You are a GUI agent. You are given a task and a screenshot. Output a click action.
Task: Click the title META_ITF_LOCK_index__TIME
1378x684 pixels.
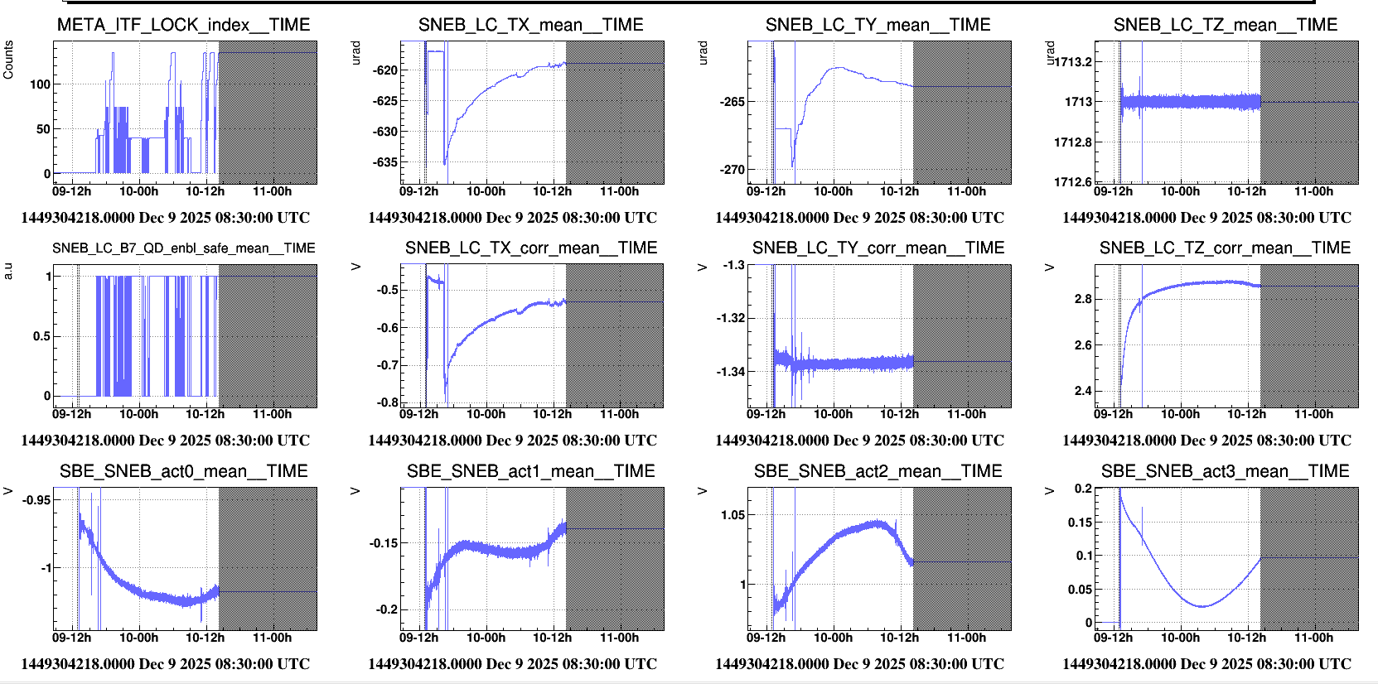point(183,25)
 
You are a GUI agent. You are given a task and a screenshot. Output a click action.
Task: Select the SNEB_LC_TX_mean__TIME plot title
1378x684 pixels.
point(530,25)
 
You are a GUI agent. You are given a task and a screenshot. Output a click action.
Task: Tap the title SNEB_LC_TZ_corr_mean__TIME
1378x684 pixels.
point(1225,248)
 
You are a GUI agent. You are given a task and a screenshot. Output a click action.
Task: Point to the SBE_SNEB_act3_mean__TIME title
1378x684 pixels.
point(1225,471)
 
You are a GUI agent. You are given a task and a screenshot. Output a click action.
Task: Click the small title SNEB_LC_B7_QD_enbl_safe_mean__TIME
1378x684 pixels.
point(183,248)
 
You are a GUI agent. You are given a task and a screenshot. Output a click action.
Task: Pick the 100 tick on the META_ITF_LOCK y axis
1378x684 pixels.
point(40,84)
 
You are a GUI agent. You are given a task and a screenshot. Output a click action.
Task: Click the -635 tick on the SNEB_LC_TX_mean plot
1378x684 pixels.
point(384,162)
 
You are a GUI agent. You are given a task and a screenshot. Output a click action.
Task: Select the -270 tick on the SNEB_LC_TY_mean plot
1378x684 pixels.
point(732,170)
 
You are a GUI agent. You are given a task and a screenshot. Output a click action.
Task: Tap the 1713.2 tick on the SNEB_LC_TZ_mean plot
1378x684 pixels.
point(1073,61)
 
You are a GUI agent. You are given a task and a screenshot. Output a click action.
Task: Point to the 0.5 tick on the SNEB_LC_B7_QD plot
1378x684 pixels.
point(41,336)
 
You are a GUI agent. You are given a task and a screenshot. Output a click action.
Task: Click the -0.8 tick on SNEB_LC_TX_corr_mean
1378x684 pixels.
point(387,402)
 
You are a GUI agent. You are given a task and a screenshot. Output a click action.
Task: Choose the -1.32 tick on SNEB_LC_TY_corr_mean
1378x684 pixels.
point(730,318)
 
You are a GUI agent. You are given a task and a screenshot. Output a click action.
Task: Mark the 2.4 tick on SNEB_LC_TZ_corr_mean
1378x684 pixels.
point(1083,391)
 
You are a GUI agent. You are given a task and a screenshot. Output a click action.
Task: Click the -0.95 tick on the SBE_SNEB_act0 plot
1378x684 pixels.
point(36,500)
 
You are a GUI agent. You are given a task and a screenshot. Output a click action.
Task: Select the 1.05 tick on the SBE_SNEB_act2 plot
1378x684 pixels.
point(733,515)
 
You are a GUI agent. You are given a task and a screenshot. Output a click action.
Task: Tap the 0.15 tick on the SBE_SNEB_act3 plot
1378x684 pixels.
point(1080,523)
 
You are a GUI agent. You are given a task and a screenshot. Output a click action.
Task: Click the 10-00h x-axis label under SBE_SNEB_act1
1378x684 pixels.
point(486,638)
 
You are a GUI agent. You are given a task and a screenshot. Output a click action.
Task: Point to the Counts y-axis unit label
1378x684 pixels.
point(8,60)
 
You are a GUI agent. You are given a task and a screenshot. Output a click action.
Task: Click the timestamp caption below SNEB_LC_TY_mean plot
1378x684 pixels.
point(859,218)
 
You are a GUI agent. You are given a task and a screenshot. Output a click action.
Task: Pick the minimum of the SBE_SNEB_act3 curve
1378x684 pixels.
point(1202,606)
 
